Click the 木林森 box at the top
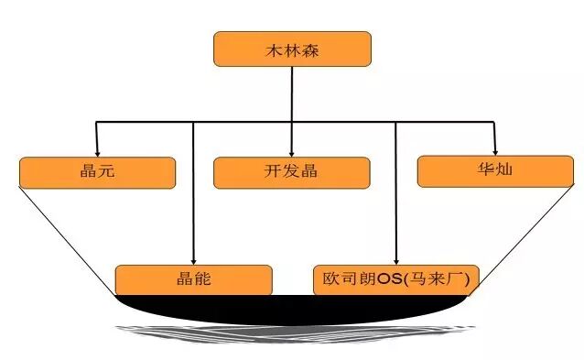coord(291,49)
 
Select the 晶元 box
coord(96,172)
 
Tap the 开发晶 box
coord(291,172)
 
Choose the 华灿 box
coord(495,170)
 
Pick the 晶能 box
coord(193,279)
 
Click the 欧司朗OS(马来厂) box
coord(395,279)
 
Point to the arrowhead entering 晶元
coord(96,152)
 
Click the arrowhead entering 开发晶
coord(291,152)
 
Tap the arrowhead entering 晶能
coord(193,260)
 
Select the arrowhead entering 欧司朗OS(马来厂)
coord(395,260)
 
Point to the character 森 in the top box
coord(313,49)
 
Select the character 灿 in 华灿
coord(506,170)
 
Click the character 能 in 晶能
coord(203,279)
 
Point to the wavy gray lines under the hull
coord(293,333)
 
